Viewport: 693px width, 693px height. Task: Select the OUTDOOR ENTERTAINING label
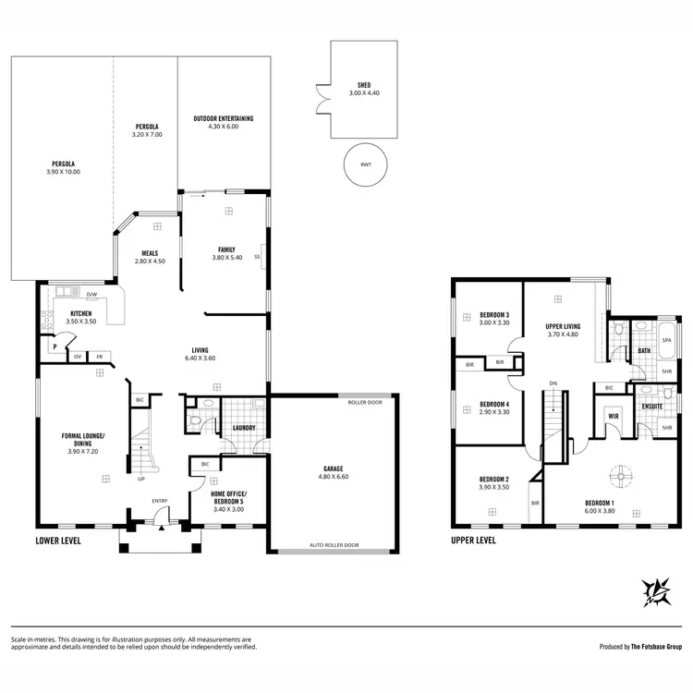pos(223,118)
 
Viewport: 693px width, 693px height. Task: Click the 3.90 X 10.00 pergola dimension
pos(63,172)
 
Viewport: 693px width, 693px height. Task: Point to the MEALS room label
pos(150,252)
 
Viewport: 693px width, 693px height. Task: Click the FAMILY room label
pos(226,249)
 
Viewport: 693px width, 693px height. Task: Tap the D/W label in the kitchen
pos(91,296)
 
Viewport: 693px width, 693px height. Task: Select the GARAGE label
pos(333,468)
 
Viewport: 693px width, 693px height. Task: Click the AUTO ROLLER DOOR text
pos(333,546)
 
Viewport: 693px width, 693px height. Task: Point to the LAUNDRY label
pos(244,428)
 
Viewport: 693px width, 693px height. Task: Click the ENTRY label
pos(161,502)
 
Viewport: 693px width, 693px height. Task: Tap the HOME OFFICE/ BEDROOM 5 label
pos(216,498)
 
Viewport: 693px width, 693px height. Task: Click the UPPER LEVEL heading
pos(473,540)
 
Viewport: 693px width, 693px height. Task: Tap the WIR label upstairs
pos(613,417)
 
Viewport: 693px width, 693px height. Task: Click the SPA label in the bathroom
pos(666,340)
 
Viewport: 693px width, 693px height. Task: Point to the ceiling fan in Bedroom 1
pos(623,474)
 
